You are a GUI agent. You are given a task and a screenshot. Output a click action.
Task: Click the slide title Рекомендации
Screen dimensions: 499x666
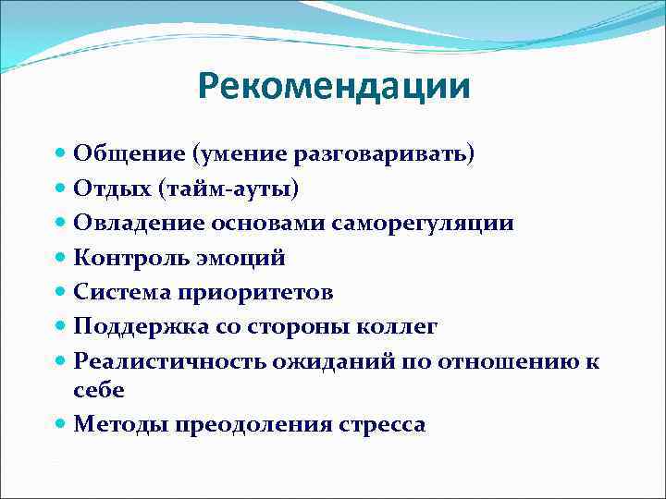[333, 88]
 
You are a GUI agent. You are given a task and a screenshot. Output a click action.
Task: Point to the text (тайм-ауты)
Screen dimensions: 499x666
[228, 189]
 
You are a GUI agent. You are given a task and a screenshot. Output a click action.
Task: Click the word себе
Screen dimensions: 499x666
[98, 390]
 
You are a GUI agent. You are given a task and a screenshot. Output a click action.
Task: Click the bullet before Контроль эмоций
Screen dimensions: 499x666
[61, 258]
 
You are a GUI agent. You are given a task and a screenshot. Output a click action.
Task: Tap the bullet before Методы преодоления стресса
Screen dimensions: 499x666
[61, 424]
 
